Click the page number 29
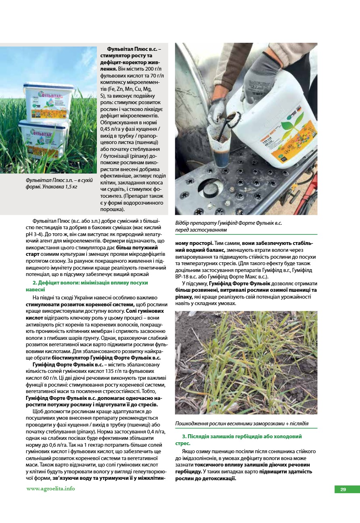pyautogui.click(x=343, y=490)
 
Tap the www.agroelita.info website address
pyautogui.click(x=51, y=488)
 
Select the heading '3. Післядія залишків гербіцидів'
pyautogui.click(x=241, y=436)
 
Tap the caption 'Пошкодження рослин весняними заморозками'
pyautogui.click(x=242, y=423)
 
